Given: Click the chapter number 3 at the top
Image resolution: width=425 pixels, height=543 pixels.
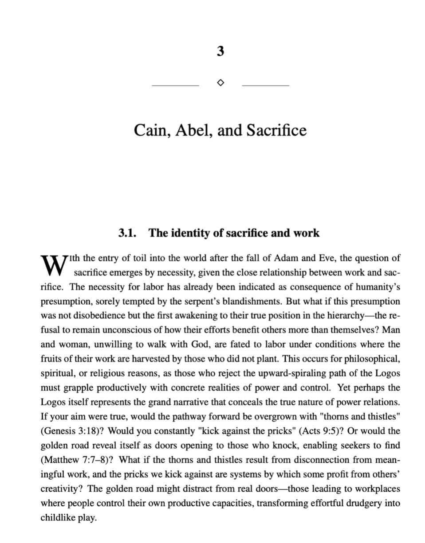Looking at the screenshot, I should [220, 51].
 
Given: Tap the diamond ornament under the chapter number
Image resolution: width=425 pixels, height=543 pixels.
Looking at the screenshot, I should [220, 83].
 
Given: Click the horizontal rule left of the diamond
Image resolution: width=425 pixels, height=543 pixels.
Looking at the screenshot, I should [175, 85].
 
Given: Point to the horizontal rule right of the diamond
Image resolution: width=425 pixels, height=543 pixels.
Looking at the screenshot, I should [265, 85].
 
